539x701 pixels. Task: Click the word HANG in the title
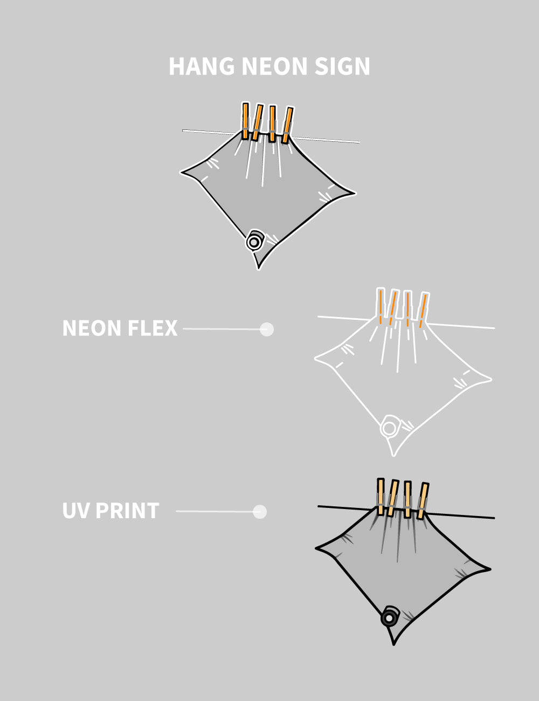[202, 66]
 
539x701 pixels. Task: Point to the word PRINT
[127, 511]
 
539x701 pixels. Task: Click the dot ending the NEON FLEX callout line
[267, 329]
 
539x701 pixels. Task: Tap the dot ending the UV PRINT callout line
[260, 511]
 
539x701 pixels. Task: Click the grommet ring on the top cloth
[254, 242]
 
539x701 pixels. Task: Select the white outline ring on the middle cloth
[389, 428]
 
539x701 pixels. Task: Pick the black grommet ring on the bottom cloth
[389, 617]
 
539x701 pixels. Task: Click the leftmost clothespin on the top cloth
[246, 121]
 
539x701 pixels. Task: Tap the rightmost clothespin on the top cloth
[288, 125]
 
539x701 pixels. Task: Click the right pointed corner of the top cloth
[354, 193]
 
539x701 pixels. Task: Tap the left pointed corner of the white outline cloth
[316, 357]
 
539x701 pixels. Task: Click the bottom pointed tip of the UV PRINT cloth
[394, 643]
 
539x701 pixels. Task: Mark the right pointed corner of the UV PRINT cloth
[489, 568]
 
